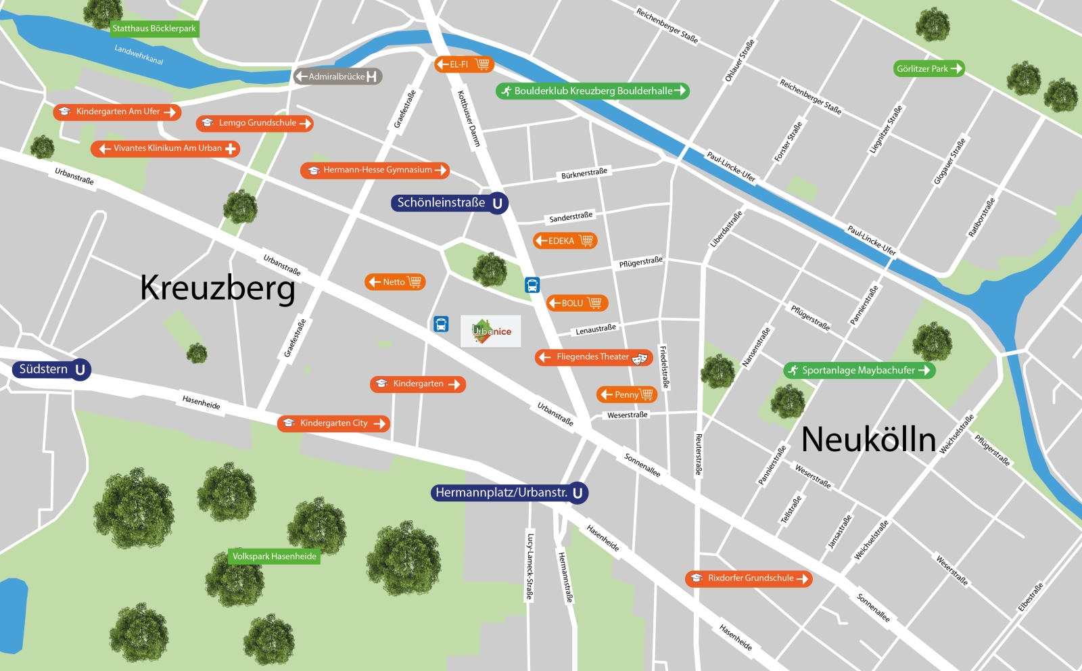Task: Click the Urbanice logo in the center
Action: [491, 331]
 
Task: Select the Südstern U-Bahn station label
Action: [51, 369]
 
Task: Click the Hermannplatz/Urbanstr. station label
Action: [509, 492]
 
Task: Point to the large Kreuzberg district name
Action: [218, 288]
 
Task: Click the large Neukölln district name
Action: [868, 440]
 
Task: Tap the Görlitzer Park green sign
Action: [928, 68]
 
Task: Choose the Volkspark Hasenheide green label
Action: [275, 556]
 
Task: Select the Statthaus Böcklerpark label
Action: [154, 28]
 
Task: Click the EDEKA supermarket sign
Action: [565, 241]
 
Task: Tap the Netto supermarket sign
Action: [395, 282]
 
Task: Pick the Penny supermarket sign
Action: [627, 394]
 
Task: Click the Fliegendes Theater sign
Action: [593, 357]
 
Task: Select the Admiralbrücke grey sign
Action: [337, 76]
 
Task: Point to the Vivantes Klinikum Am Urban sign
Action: [166, 148]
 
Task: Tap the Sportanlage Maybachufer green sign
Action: [859, 370]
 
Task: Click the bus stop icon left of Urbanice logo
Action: [441, 324]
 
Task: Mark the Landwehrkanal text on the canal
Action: [139, 55]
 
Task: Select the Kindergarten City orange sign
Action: [333, 423]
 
